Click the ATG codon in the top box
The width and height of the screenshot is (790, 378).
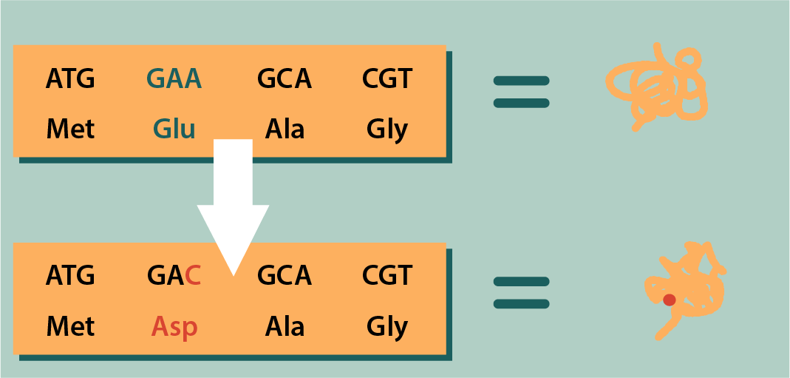tap(70, 78)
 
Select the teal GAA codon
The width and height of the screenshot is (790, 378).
tap(174, 78)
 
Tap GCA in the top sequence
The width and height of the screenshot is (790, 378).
tap(284, 78)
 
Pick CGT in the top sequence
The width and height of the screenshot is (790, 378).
tap(387, 78)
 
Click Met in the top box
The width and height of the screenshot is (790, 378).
tap(70, 129)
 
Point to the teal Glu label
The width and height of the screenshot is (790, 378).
tap(174, 129)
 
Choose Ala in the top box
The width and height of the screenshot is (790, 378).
tap(285, 129)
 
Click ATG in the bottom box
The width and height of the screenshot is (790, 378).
tap(70, 276)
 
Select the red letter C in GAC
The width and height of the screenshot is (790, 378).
tap(193, 276)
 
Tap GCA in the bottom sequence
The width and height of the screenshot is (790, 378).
tap(284, 276)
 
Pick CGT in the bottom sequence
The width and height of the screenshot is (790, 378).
tap(387, 276)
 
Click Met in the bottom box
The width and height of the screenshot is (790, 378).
tap(70, 326)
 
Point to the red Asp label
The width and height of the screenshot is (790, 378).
tap(174, 327)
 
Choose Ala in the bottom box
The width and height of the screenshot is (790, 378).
tap(285, 326)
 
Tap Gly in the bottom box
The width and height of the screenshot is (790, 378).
tap(387, 327)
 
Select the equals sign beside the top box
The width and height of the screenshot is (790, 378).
tap(521, 92)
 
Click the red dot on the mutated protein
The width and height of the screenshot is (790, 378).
tap(669, 300)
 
